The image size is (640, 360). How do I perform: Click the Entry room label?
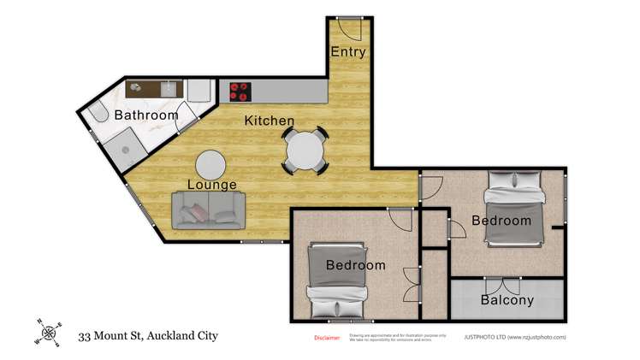pyautogui.click(x=348, y=52)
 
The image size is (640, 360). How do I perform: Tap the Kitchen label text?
pyautogui.click(x=270, y=121)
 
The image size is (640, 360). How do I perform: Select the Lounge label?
pyautogui.click(x=213, y=185)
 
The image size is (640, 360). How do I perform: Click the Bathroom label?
pyautogui.click(x=146, y=115)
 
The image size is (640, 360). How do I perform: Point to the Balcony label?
pyautogui.click(x=507, y=300)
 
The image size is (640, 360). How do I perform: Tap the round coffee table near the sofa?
pyautogui.click(x=210, y=163)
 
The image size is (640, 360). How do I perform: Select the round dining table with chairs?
pyautogui.click(x=305, y=151)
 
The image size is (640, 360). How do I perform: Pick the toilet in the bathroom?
pyautogui.click(x=99, y=115)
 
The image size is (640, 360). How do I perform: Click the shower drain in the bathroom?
pyautogui.click(x=125, y=148)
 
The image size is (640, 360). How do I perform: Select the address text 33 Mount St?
pyautogui.click(x=147, y=335)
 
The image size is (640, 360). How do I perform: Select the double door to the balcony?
pyautogui.click(x=501, y=285)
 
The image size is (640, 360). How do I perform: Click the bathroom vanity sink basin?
pyautogui.click(x=169, y=87)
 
